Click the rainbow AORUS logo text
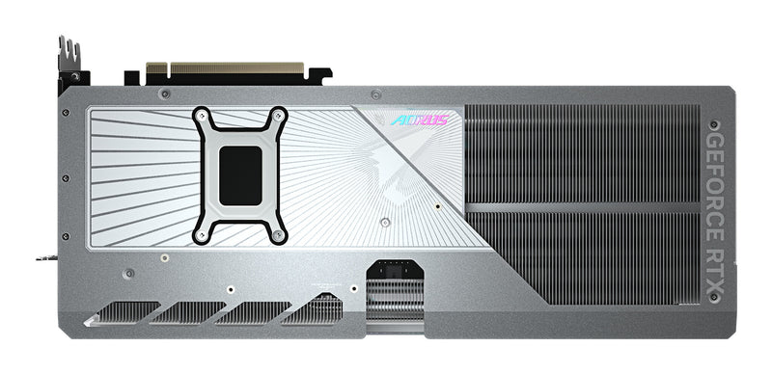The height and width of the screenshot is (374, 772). pos(421,121)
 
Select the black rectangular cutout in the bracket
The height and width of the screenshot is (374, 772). pos(241,175)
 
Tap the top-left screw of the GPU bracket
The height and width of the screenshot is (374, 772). pos(201,116)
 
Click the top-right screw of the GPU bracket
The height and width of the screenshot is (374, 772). pos(280,116)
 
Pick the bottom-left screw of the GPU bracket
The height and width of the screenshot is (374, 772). pos(201,234)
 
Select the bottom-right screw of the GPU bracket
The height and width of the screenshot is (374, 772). pos(280,234)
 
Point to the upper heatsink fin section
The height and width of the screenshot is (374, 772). pos(579,154)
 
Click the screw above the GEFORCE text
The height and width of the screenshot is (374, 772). pos(715,124)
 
